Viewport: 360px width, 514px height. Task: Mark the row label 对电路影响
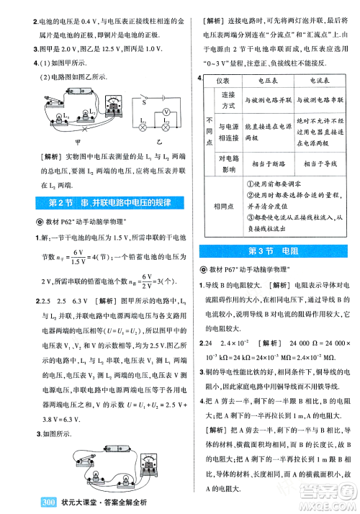click(x=228, y=163)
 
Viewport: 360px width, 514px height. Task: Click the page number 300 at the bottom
click(x=30, y=502)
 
